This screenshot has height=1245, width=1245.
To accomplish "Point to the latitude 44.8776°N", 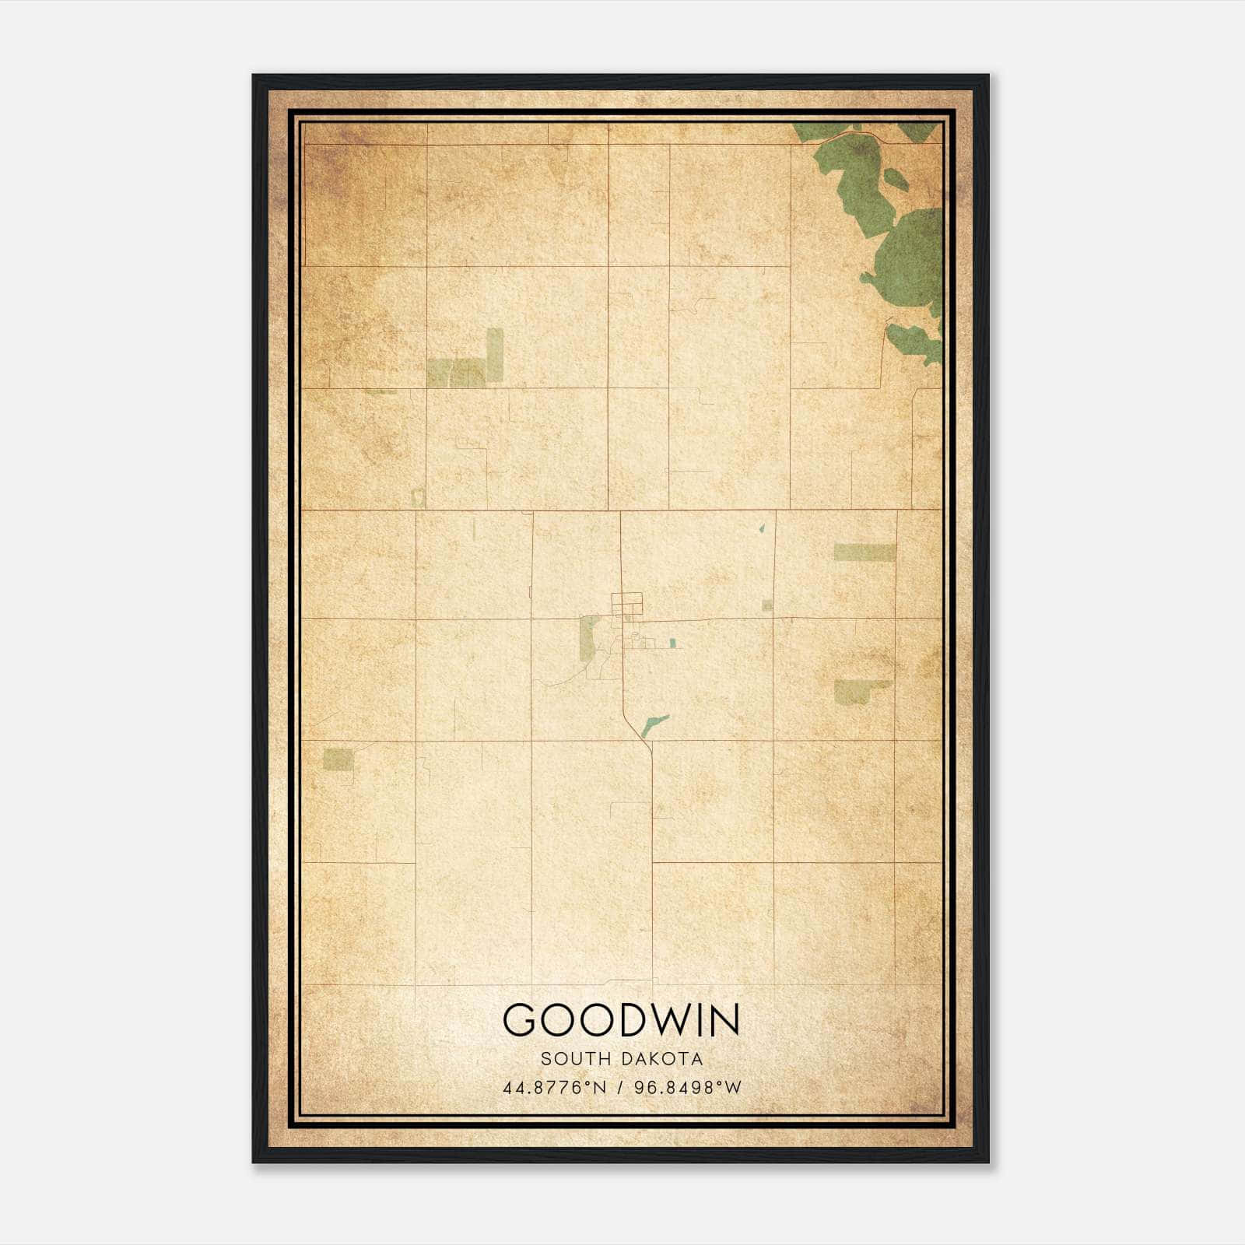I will [x=554, y=1087].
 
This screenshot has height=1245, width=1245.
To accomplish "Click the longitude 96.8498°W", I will [x=688, y=1087].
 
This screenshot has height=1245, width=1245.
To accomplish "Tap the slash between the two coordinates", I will [x=621, y=1087].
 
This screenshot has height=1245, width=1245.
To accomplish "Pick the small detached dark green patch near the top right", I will [x=896, y=180].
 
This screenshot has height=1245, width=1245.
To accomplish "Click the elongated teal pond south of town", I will [x=654, y=725].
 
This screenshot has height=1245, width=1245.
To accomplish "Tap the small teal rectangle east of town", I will [x=672, y=643].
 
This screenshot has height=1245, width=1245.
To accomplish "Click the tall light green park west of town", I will [x=589, y=638].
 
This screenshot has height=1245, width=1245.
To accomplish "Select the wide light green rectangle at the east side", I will [x=864, y=552].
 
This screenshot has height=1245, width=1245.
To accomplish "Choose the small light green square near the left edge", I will [x=338, y=759].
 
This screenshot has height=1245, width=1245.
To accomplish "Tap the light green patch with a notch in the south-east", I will [x=856, y=691].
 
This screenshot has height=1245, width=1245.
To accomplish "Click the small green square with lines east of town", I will [x=767, y=605].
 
